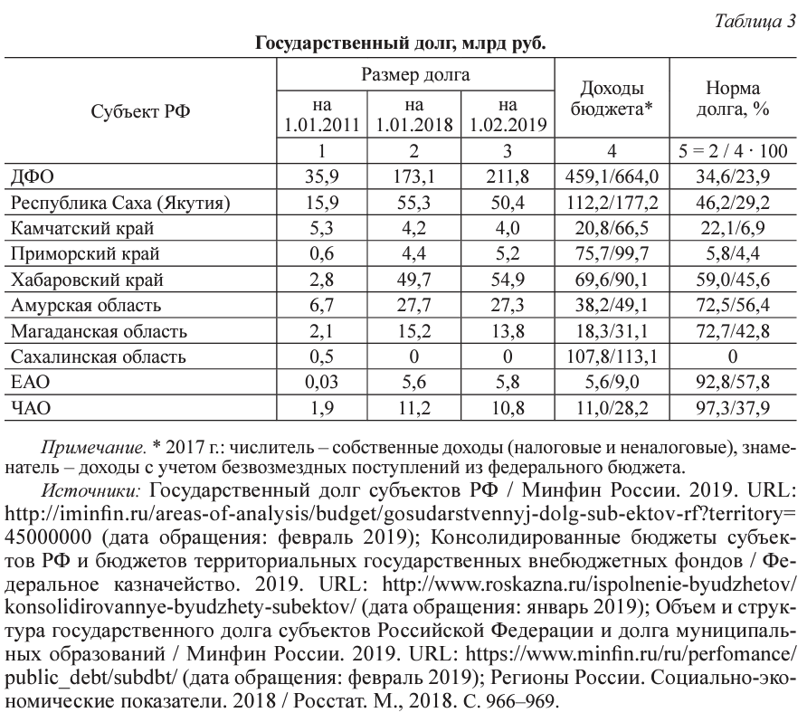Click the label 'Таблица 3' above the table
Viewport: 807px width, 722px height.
coord(754,22)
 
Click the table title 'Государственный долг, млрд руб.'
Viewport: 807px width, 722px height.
coord(402,43)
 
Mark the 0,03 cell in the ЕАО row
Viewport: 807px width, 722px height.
coord(323,384)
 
